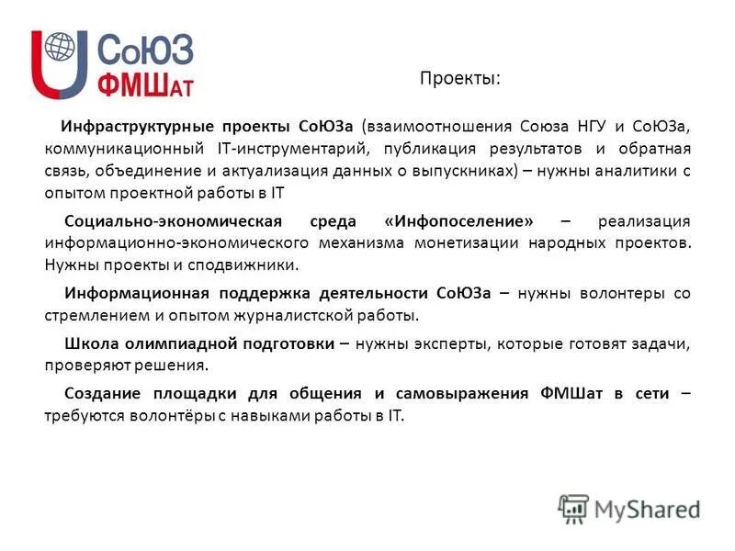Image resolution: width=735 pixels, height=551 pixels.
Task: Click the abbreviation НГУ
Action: [x=572, y=125]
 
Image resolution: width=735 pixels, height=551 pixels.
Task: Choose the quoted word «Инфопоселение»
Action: [x=460, y=221]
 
